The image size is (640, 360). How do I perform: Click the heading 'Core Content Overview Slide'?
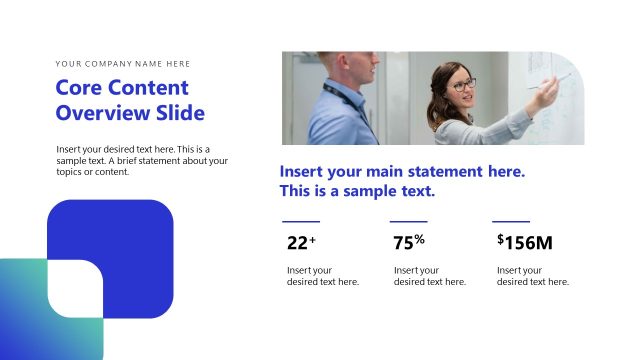130,100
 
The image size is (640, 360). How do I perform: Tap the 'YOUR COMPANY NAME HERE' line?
123,64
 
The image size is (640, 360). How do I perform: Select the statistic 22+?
301,242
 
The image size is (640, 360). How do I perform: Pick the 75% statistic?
409,242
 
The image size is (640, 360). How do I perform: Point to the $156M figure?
524,242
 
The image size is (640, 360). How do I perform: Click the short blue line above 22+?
301,221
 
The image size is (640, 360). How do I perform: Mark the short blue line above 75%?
408,221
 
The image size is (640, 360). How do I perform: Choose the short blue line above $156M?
511,221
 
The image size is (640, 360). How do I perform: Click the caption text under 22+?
323,276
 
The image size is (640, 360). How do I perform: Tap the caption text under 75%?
430,276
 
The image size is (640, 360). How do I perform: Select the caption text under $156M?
533,276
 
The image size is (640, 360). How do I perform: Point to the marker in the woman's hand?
561,77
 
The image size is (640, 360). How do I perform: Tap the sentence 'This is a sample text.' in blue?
357,191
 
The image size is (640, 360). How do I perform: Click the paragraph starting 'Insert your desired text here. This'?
142,160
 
